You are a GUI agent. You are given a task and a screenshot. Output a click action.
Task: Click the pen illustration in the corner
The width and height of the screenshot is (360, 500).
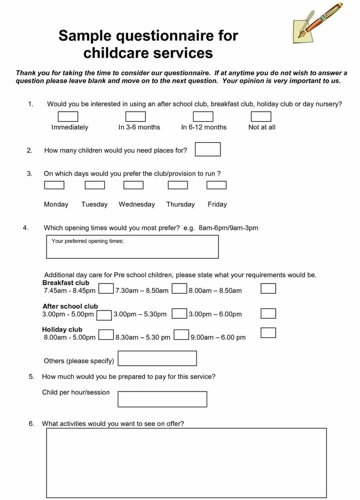click(317, 24)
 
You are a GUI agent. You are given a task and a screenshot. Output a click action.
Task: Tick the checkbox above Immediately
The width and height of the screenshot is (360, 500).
click(68, 117)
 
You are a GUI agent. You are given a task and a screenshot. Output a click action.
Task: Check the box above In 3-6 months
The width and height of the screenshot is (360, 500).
click(136, 117)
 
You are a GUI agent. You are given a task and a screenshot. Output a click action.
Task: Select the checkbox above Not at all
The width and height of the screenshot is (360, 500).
click(261, 117)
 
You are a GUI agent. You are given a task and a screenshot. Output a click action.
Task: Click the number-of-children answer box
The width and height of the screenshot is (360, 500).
click(208, 149)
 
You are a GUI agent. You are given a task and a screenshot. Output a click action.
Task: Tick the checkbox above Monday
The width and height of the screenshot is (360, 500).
click(54, 185)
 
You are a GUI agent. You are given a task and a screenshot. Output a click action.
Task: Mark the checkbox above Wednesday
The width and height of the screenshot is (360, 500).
click(133, 185)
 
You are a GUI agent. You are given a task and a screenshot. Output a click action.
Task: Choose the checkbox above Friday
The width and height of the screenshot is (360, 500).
click(216, 185)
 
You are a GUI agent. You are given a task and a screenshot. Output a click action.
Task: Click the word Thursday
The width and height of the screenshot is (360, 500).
click(180, 204)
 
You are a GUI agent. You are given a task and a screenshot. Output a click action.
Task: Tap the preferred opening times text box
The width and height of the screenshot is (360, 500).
click(132, 247)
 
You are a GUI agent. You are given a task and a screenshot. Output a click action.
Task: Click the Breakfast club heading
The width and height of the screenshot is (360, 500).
click(66, 283)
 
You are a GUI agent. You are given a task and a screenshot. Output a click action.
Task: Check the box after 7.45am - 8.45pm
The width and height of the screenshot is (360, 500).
click(106, 289)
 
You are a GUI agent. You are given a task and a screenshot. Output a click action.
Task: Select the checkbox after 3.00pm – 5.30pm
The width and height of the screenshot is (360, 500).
click(180, 313)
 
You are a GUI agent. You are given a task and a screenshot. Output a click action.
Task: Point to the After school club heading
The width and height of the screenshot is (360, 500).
click(70, 306)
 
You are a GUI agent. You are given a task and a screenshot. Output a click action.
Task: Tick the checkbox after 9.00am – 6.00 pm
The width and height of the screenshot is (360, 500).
click(268, 333)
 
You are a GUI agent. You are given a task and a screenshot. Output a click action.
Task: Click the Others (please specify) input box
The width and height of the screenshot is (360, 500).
click(157, 358)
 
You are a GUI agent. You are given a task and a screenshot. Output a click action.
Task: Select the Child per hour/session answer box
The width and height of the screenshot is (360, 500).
click(162, 399)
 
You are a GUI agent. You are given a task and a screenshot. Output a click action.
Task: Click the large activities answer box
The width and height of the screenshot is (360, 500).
click(186, 462)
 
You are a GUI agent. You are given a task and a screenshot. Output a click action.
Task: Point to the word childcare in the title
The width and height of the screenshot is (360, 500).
click(115, 53)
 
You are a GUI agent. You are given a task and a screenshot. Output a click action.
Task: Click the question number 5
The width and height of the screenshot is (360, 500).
click(31, 376)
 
